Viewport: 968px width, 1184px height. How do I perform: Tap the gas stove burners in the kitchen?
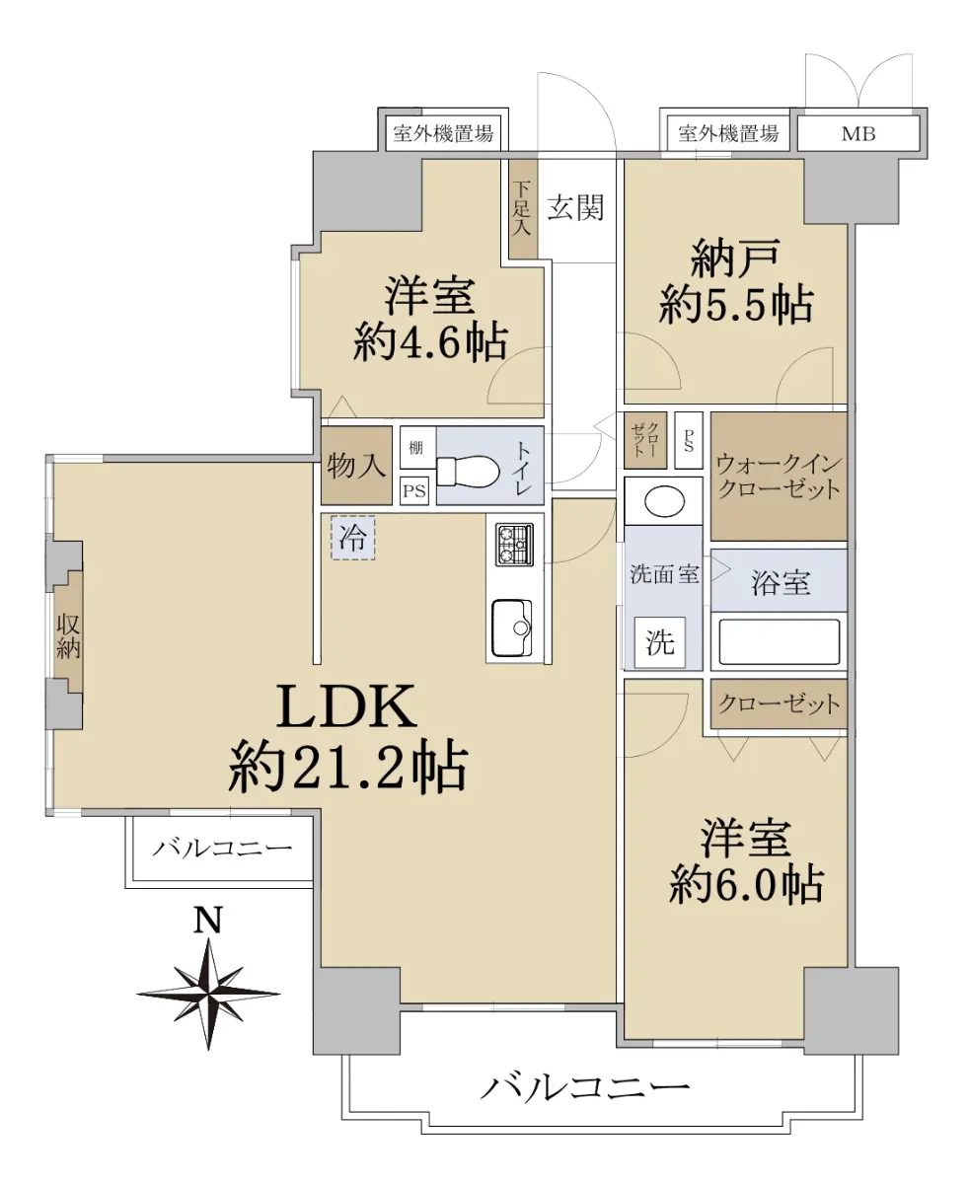click(514, 545)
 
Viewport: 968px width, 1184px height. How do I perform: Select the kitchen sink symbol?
click(511, 628)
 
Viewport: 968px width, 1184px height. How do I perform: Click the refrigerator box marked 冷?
click(352, 538)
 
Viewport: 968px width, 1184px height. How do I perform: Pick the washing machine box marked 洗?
click(660, 642)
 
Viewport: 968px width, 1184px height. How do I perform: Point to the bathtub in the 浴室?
click(780, 641)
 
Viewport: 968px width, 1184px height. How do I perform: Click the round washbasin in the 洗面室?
click(664, 501)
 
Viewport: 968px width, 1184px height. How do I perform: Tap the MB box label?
click(858, 134)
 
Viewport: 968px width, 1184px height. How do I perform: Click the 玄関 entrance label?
click(575, 208)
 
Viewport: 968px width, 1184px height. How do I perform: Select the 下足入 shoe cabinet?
click(523, 209)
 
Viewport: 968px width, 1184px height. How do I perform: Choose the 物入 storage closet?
click(356, 466)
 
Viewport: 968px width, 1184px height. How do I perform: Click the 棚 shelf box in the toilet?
click(417, 447)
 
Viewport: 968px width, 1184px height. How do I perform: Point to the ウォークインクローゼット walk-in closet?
click(779, 477)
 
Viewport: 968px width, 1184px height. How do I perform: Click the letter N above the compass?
click(208, 922)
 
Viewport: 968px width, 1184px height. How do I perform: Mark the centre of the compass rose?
click(209, 994)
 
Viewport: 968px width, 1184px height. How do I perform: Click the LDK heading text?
click(346, 706)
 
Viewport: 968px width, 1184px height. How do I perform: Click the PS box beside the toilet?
click(414, 491)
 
